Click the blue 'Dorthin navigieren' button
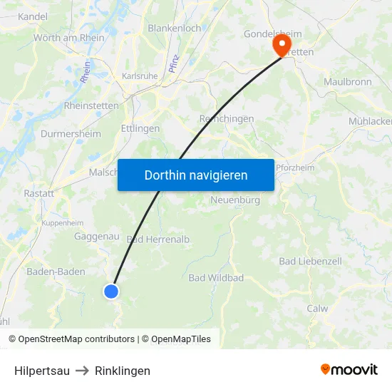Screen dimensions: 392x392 click(x=195, y=175)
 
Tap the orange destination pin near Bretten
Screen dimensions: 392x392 click(x=280, y=46)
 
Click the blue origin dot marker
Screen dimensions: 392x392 click(x=111, y=291)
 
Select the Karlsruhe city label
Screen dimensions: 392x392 click(x=140, y=76)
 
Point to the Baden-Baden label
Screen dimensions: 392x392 click(x=56, y=272)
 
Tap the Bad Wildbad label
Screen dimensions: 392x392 click(x=216, y=277)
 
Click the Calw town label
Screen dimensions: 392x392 click(x=317, y=309)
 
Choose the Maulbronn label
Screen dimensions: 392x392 click(x=348, y=82)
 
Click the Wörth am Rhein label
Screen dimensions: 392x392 click(x=68, y=38)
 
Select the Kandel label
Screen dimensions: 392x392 click(x=32, y=16)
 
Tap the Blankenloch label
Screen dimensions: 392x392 click(x=174, y=28)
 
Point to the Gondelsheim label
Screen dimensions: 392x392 click(x=273, y=33)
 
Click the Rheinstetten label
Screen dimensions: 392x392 click(x=92, y=105)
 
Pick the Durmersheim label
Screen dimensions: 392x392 click(x=71, y=133)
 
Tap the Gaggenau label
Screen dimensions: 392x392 click(x=97, y=236)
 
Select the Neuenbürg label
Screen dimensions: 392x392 click(x=235, y=200)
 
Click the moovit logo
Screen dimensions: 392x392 click(x=349, y=369)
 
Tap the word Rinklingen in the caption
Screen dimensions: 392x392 click(x=123, y=371)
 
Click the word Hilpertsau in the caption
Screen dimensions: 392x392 click(x=42, y=371)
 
